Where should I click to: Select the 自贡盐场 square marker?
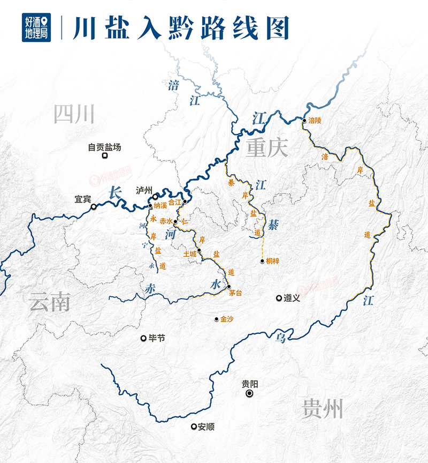click(105, 155)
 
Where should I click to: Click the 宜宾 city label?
click(82, 199)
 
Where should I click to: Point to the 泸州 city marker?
click(155, 197)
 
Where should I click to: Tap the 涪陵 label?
click(316, 121)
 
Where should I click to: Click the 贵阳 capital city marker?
click(249, 394)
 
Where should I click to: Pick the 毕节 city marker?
click(143, 338)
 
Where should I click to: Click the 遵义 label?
click(292, 298)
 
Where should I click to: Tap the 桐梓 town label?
click(273, 262)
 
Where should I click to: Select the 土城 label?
click(189, 253)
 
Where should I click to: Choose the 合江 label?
click(175, 203)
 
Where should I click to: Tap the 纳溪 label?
click(160, 206)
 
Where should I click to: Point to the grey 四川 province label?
click(74, 114)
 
